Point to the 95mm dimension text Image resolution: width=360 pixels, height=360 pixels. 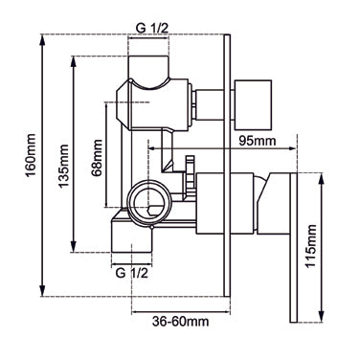257,142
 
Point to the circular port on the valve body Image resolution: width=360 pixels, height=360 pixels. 148,202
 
